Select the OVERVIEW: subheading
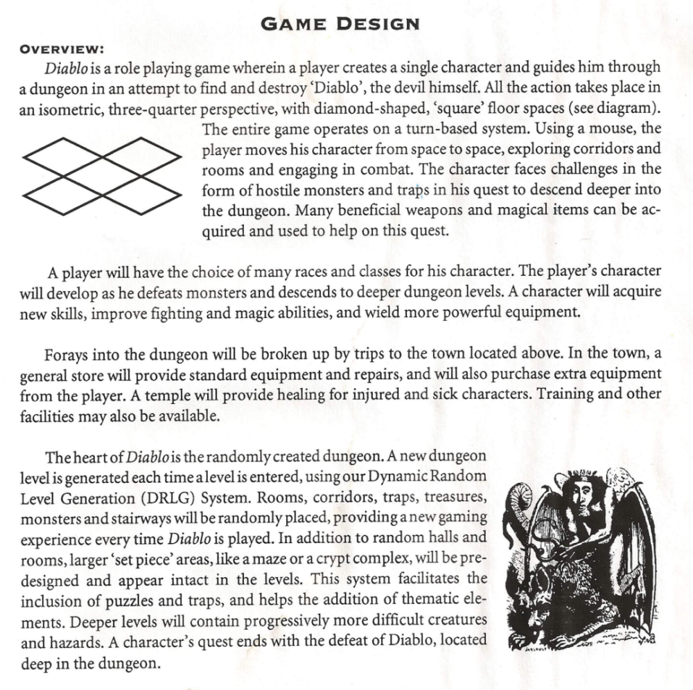coord(62,50)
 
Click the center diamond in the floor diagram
coord(102,176)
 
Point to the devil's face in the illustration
coord(581,495)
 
